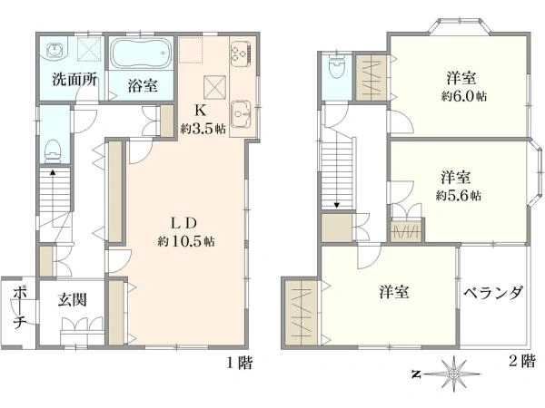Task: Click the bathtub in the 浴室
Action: (141, 53)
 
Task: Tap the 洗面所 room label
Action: (74, 80)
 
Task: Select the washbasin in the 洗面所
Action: (54, 50)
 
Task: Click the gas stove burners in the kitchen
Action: (241, 53)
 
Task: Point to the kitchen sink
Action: (242, 114)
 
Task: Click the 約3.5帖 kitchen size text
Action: (203, 129)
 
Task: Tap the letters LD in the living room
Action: (183, 223)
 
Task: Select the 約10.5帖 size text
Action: (186, 241)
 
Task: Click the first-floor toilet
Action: (54, 151)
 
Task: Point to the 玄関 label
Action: (72, 299)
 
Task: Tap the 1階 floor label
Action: (240, 363)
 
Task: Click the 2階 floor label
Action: (521, 362)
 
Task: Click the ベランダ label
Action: (493, 293)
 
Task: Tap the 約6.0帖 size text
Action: (463, 96)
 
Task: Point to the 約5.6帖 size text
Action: (459, 196)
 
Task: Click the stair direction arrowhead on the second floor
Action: (336, 206)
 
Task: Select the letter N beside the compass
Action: (415, 374)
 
